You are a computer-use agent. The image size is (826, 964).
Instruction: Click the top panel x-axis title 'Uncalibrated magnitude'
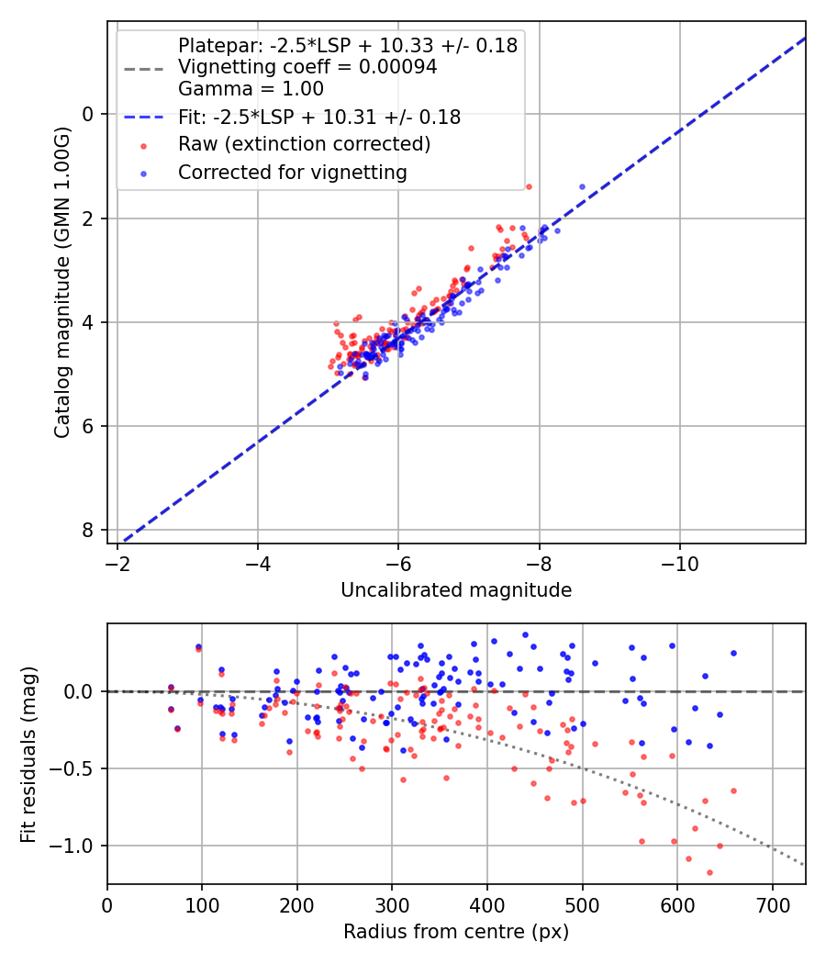pyautogui.click(x=456, y=590)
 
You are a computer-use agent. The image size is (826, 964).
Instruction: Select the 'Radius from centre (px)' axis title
pyautogui.click(x=456, y=932)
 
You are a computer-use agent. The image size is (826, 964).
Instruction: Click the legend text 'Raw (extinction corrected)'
pyautogui.click(x=304, y=144)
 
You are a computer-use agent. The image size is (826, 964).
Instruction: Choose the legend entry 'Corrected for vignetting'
pyautogui.click(x=293, y=172)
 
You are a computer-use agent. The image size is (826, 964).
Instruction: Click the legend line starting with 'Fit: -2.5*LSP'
pyautogui.click(x=319, y=117)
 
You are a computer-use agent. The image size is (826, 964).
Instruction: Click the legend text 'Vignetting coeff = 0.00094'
pyautogui.click(x=307, y=67)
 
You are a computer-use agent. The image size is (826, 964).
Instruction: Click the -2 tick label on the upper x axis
pyautogui.click(x=117, y=562)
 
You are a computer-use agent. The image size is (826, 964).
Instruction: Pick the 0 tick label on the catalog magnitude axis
pyautogui.click(x=89, y=114)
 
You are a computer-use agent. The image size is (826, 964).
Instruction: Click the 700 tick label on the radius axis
pyautogui.click(x=772, y=903)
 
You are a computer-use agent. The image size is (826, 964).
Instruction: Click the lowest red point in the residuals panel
pyautogui.click(x=709, y=872)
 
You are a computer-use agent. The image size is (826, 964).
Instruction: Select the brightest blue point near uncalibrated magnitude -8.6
pyautogui.click(x=582, y=186)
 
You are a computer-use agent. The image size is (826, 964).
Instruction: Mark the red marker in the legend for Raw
pyautogui.click(x=142, y=145)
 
